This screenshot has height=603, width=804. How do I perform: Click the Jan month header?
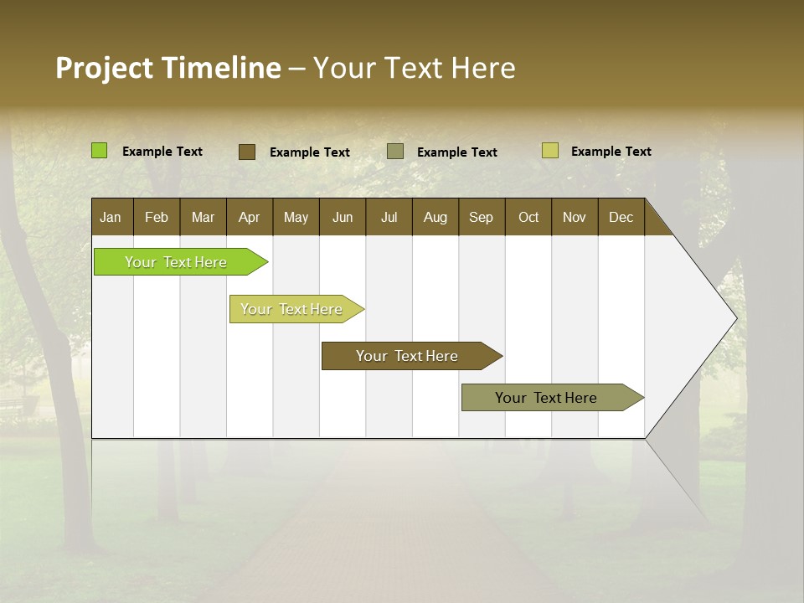click(x=111, y=218)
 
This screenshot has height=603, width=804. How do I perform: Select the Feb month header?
click(x=157, y=218)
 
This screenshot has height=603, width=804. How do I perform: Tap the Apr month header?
click(x=250, y=218)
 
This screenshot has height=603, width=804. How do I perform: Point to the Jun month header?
click(x=343, y=218)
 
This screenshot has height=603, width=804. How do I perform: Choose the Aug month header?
click(x=435, y=218)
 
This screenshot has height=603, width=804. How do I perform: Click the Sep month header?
click(x=482, y=218)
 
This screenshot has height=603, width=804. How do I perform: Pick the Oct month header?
click(x=528, y=218)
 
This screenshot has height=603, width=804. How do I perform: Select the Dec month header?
click(x=621, y=218)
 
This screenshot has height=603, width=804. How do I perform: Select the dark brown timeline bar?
click(x=408, y=356)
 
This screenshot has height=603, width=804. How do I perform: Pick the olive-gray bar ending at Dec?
click(x=547, y=398)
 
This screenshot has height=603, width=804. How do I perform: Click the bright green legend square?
click(x=100, y=151)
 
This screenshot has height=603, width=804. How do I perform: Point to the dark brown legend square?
click(x=247, y=152)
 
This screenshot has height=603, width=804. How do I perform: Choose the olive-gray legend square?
click(x=395, y=152)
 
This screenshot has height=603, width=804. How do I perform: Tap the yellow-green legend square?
click(x=550, y=151)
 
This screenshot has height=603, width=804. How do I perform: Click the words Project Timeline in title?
click(x=167, y=68)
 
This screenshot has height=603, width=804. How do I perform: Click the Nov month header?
click(x=575, y=218)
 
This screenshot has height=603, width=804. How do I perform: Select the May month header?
click(x=296, y=218)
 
